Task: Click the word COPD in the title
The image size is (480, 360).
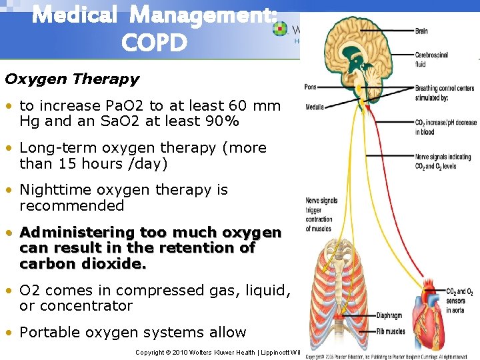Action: (155, 43)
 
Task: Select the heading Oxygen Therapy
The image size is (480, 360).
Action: (72, 79)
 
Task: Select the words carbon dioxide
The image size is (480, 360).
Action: (83, 263)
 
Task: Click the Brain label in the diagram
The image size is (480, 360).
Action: (421, 31)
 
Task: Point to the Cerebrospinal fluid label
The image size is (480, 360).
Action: (433, 59)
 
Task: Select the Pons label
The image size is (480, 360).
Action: (310, 87)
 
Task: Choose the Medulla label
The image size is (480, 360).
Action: (315, 107)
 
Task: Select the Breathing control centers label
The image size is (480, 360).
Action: (445, 88)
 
